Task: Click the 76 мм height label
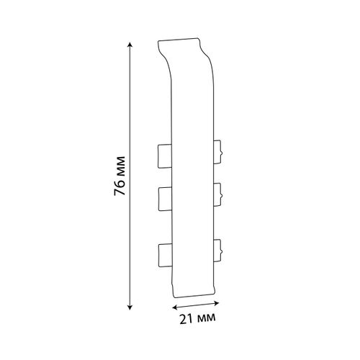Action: click(x=120, y=176)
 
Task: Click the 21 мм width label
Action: click(x=197, y=318)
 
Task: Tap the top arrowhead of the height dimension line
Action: click(x=130, y=45)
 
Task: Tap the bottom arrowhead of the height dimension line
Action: click(x=130, y=307)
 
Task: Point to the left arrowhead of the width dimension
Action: click(x=175, y=307)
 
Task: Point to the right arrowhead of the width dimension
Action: click(x=217, y=303)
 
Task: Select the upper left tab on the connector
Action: click(x=165, y=156)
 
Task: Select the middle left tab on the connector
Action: click(x=165, y=199)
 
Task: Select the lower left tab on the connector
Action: click(x=165, y=256)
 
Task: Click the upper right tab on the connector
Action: click(x=217, y=152)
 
